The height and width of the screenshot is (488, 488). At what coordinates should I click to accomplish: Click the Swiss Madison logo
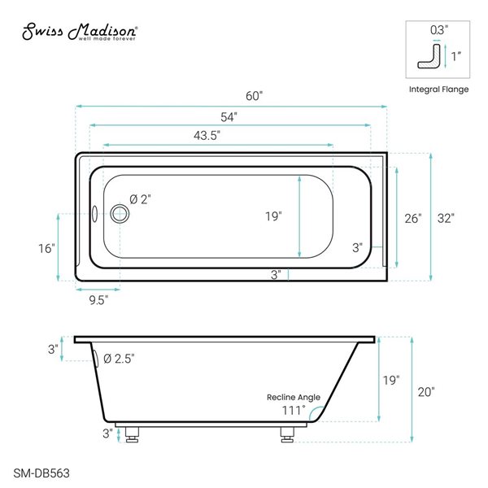coord(78,32)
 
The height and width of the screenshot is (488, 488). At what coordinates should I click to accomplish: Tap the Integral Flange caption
coord(438,89)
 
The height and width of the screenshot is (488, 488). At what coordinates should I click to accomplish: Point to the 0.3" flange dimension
coord(438,30)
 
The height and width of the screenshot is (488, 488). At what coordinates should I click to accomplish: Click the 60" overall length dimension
coord(255,96)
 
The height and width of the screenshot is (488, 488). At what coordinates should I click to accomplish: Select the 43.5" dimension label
coord(208,137)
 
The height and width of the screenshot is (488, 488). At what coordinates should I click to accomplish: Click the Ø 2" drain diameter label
coord(140,198)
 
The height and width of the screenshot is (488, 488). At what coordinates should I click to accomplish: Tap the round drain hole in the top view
coord(120,214)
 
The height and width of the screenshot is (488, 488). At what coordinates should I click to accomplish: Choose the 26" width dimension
coord(413,218)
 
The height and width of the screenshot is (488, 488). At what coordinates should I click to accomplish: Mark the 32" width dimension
coord(445,218)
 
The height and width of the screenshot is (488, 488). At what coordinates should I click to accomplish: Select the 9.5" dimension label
coord(98,299)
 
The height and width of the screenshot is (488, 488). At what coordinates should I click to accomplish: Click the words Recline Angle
coord(294,398)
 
